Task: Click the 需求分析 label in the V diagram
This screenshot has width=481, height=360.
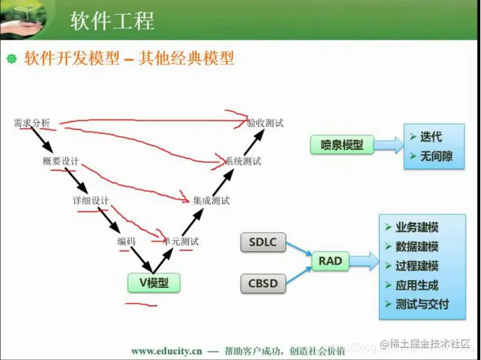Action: (32, 123)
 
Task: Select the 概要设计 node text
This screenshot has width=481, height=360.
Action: (60, 162)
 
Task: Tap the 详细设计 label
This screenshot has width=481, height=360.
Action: (91, 200)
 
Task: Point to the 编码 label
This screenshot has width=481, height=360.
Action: (126, 241)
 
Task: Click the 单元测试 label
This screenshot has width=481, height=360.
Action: (180, 241)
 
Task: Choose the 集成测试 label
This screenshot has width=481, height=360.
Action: (211, 200)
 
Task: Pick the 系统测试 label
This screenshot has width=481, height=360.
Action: (243, 162)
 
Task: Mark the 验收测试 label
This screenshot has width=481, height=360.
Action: (265, 123)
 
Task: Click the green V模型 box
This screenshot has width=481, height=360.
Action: (153, 282)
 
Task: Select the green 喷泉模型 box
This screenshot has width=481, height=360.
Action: (341, 144)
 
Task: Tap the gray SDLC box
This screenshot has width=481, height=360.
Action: (262, 242)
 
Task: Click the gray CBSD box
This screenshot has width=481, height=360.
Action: (262, 283)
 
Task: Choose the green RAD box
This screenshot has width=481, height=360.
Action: (330, 261)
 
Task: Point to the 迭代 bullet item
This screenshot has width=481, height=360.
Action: (430, 137)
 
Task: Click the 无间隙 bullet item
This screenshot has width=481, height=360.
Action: (435, 157)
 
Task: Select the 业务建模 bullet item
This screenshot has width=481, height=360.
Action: (416, 228)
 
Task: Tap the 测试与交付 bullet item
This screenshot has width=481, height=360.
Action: (421, 304)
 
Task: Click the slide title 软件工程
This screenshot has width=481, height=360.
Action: (112, 20)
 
